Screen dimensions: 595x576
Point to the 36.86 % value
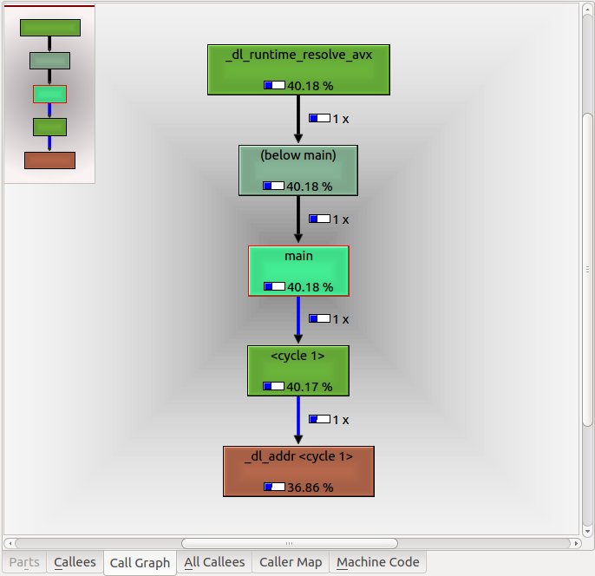pyautogui.click(x=310, y=488)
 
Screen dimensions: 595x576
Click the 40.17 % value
pyautogui.click(x=310, y=387)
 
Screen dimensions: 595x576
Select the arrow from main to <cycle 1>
pyautogui.click(x=298, y=320)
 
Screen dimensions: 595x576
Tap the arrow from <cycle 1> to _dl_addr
pyautogui.click(x=298, y=421)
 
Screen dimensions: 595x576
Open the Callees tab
pyautogui.click(x=75, y=562)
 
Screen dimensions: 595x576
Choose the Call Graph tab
pyautogui.click(x=141, y=563)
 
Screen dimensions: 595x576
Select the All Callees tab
pyautogui.click(x=216, y=562)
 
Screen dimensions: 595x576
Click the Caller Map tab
pyautogui.click(x=291, y=562)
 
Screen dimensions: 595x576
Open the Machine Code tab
pyautogui.click(x=378, y=562)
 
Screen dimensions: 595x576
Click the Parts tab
pyautogui.click(x=24, y=562)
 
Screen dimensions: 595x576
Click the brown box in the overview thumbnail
pyautogui.click(x=49, y=160)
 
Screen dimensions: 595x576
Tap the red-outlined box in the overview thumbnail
pyautogui.click(x=49, y=94)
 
